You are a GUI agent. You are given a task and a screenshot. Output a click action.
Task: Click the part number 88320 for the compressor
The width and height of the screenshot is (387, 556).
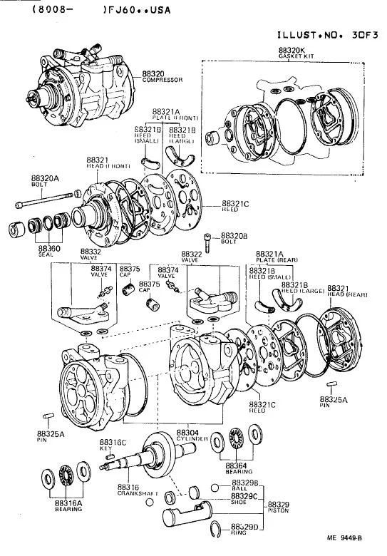153,73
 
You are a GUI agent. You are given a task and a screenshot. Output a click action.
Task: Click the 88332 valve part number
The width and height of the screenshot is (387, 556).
91,252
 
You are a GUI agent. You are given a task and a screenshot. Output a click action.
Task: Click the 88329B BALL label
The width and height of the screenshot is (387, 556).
244,485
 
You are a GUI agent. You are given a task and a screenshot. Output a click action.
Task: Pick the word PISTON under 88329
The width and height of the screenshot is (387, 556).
279,511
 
